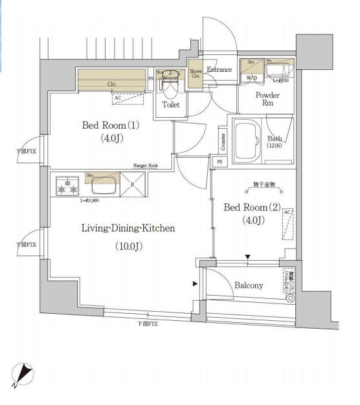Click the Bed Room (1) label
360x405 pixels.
pos(110,125)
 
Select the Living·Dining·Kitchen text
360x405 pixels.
pos(128,228)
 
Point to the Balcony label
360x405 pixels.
pos(249,285)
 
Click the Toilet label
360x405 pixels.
pos(171,104)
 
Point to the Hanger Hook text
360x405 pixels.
pos(146,166)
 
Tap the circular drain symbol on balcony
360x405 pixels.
pos(290,300)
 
